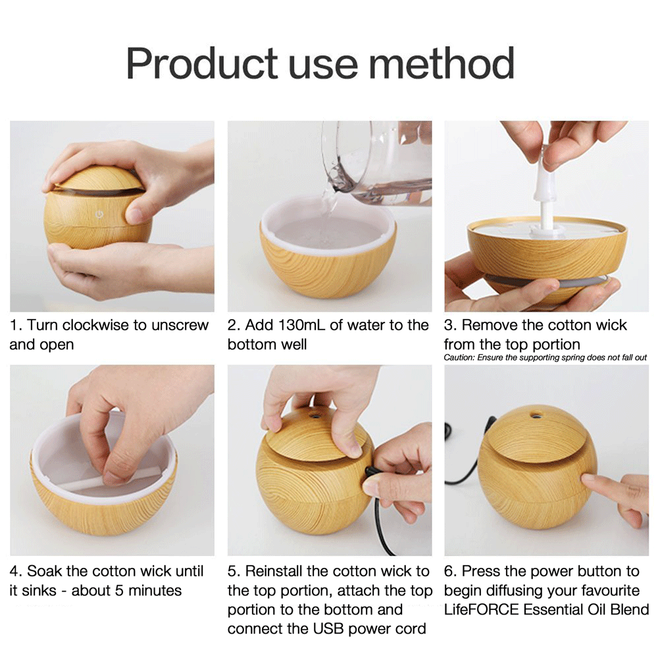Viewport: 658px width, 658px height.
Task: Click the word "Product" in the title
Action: pyautogui.click(x=202, y=63)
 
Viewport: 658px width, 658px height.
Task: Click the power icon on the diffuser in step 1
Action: pyautogui.click(x=99, y=215)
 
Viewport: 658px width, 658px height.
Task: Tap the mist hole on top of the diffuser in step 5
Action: pyautogui.click(x=314, y=417)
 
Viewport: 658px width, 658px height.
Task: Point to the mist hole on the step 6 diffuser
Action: pyautogui.click(x=535, y=416)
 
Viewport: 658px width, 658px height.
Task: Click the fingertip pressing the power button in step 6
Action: pyautogui.click(x=586, y=479)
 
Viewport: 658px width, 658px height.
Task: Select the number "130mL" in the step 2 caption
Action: pyautogui.click(x=296, y=325)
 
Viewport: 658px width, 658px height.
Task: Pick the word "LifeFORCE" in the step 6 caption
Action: pyautogui.click(x=482, y=609)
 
